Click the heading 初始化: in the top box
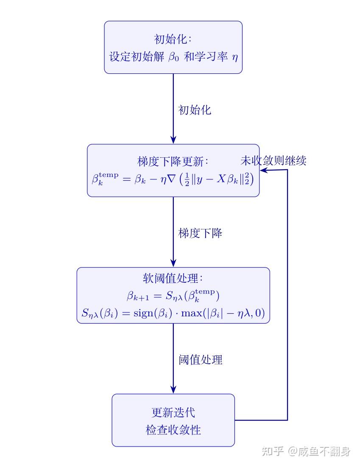click(x=173, y=39)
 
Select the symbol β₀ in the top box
click(x=174, y=57)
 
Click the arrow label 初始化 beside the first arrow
click(x=195, y=110)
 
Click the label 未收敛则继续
click(x=273, y=161)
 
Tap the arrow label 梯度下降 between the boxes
click(x=200, y=233)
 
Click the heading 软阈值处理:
click(x=173, y=279)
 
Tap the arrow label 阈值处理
click(x=200, y=360)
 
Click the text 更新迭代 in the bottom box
click(x=173, y=412)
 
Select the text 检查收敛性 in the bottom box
click(x=173, y=430)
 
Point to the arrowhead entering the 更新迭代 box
click(x=173, y=390)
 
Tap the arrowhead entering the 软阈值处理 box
click(x=173, y=263)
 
